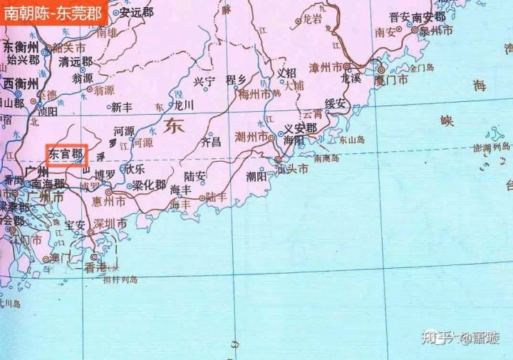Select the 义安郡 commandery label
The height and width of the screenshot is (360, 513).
pos(300,129)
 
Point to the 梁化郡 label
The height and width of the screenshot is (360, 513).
pos(150,185)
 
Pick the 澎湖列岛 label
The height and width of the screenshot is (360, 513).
pos(492,147)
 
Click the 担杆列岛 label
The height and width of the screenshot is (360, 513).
pos(120,280)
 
